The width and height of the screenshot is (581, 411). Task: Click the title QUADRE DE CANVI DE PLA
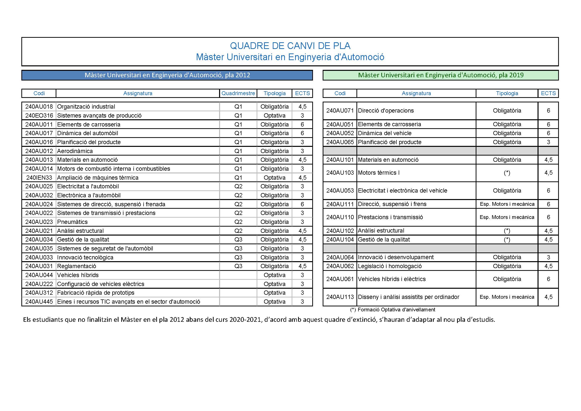(x=290, y=46)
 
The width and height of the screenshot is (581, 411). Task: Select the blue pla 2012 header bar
(x=167, y=75)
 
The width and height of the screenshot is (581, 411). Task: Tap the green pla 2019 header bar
(x=441, y=75)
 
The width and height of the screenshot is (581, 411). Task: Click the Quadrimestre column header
(x=238, y=93)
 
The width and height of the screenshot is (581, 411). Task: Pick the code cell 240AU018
(x=39, y=107)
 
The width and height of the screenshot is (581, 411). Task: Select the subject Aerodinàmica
(x=75, y=151)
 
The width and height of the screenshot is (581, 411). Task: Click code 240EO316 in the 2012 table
(x=39, y=116)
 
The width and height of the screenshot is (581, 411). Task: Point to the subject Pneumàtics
(x=72, y=222)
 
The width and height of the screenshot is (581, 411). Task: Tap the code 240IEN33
(x=39, y=178)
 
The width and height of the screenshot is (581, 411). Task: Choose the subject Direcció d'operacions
(x=386, y=111)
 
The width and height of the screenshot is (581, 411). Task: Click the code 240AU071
(x=340, y=111)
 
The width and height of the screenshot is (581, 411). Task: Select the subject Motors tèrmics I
(x=379, y=173)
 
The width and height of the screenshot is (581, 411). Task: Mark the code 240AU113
(x=340, y=297)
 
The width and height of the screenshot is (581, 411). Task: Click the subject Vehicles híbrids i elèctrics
(x=392, y=279)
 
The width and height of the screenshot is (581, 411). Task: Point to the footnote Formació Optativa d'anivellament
(x=396, y=310)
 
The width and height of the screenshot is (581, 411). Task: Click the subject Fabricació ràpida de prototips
(x=96, y=293)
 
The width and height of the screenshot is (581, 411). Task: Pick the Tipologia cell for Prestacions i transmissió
(x=507, y=217)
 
